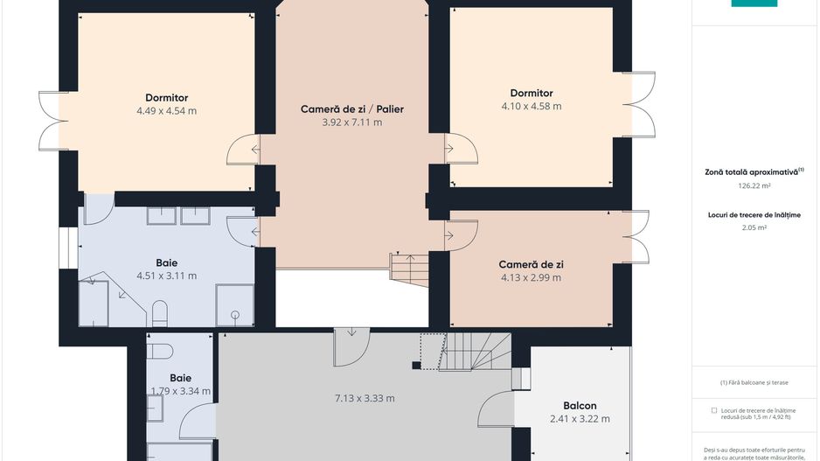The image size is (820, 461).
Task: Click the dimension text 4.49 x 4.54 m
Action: click(x=167, y=111)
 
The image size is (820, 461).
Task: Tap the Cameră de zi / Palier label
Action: click(x=352, y=108)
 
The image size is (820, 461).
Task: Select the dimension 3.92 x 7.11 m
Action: click(x=352, y=122)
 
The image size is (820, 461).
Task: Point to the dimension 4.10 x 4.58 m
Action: click(x=532, y=106)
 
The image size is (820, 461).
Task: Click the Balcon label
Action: click(x=580, y=406)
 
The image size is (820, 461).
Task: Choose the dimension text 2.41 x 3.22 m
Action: click(x=580, y=419)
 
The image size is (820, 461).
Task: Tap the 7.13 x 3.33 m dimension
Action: click(x=365, y=398)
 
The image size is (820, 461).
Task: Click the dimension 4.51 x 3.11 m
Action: click(x=167, y=276)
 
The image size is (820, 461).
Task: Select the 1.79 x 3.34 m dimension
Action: click(x=181, y=391)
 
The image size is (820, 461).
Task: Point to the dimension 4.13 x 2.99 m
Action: click(x=531, y=277)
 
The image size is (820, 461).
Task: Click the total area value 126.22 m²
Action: click(x=754, y=185)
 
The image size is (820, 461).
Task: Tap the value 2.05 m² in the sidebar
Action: click(x=754, y=227)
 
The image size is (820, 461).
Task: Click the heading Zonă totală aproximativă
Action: click(x=752, y=172)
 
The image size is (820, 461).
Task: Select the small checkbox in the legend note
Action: click(x=714, y=410)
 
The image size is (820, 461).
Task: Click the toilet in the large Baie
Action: click(x=159, y=313)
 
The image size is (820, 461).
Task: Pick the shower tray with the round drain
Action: click(x=235, y=305)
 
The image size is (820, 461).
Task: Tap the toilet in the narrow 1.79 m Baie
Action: click(x=160, y=351)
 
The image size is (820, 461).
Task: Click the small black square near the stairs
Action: click(x=416, y=366)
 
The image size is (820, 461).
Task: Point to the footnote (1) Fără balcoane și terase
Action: click(x=754, y=382)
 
